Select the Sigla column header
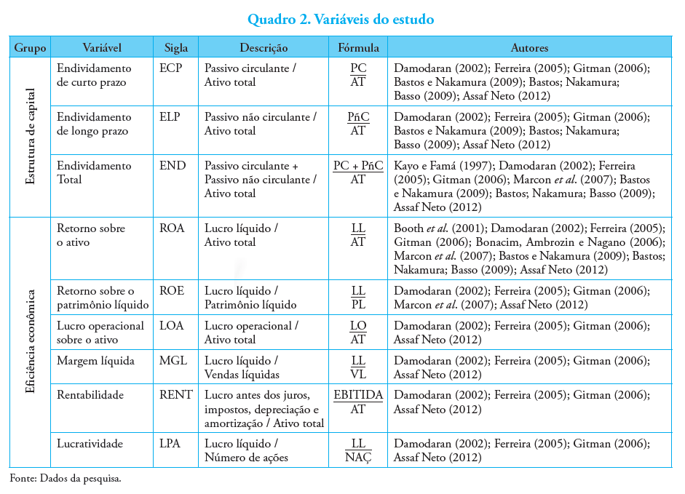pos(176,48)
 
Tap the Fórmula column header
pos(358,48)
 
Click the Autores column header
pos(529,48)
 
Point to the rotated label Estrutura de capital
pos(30,137)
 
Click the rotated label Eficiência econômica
pos(30,342)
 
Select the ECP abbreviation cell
pos(170,68)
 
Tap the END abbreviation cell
pos(173,166)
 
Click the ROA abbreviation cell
pos(173,228)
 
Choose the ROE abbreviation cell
pos(172,291)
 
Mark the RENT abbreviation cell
pos(176,395)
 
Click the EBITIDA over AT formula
pos(358,402)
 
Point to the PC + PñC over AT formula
pos(358,172)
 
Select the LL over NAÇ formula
pos(358,450)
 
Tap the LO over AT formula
pos(358,332)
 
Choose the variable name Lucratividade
pos(90,444)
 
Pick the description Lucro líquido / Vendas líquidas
pos(242,367)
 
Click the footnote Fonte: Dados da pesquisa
pos(66,479)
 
